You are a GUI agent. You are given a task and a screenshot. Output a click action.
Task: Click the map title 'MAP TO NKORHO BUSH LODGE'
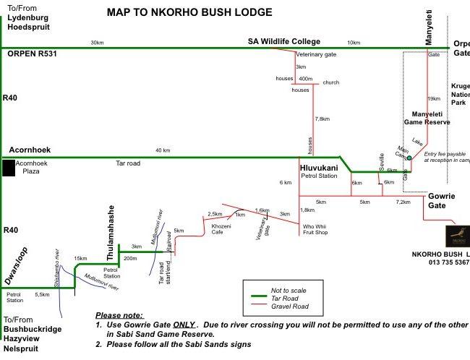[189, 12]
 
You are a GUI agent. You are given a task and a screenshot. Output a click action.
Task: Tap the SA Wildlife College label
[283, 42]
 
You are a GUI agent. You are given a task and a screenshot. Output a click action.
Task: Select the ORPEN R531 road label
[31, 53]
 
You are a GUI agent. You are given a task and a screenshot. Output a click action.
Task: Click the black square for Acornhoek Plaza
[8, 168]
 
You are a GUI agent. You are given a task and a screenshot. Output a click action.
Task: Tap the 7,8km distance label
[322, 119]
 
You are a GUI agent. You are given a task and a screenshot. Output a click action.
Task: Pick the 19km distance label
[434, 98]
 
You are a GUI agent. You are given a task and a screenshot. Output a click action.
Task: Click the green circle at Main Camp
[409, 157]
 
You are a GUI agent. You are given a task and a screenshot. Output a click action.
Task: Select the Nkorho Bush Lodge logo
[456, 236]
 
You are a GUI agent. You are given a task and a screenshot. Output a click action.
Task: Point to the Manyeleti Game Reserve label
[431, 118]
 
